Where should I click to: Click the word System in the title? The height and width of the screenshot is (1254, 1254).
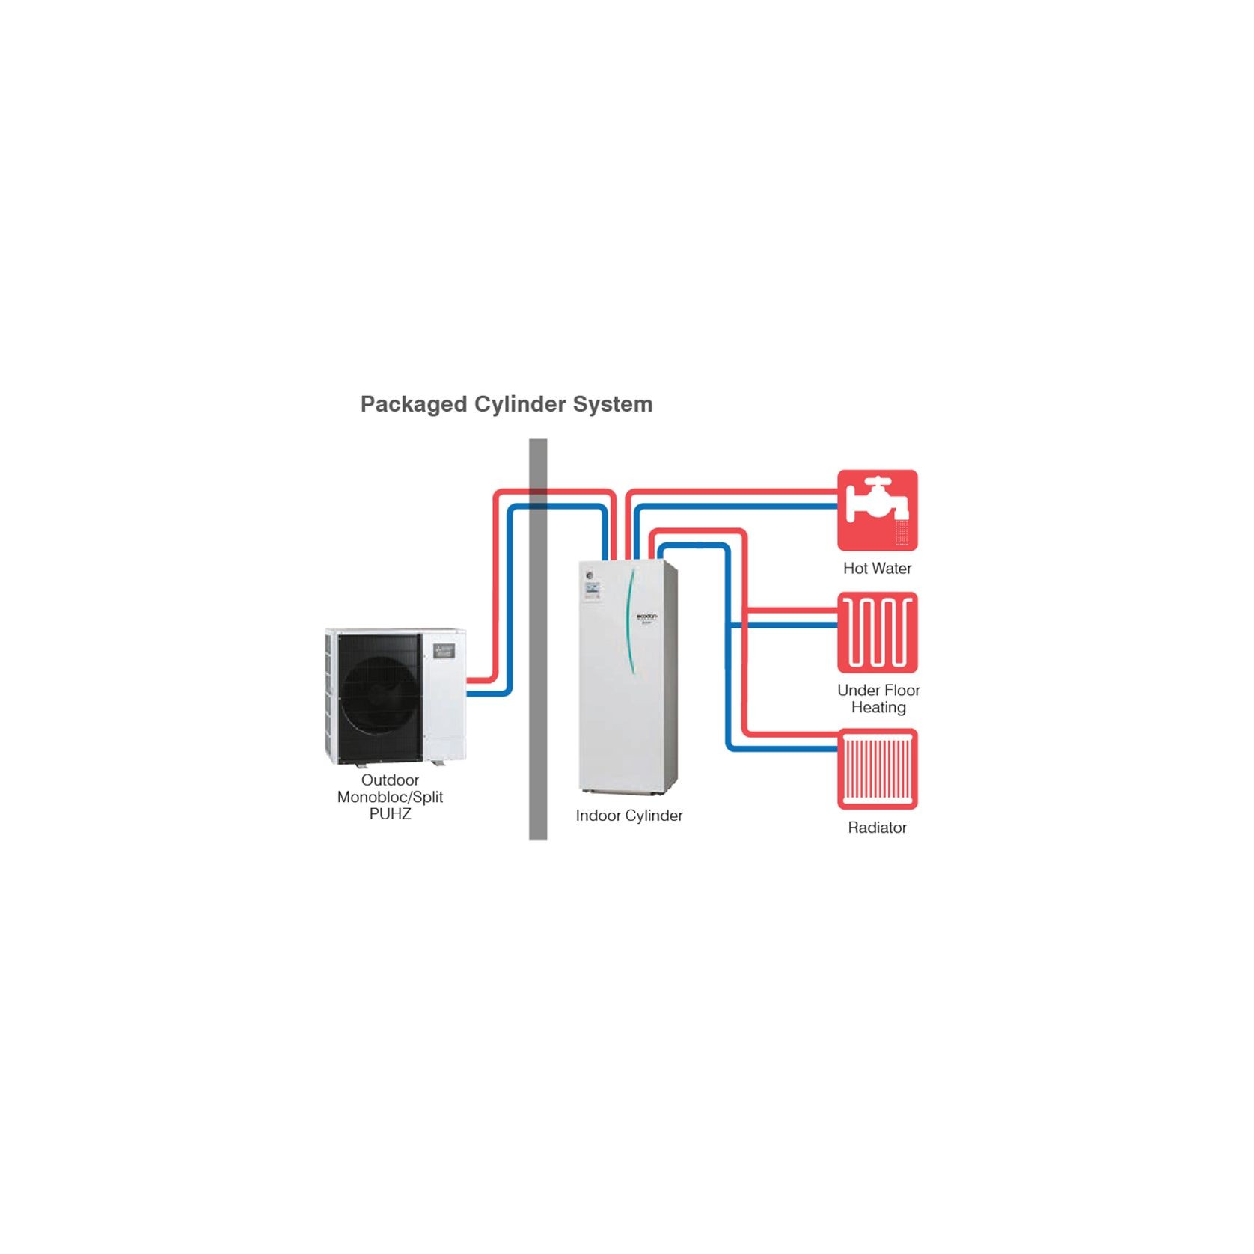pyautogui.click(x=613, y=405)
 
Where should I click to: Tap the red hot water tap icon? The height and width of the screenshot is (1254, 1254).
pyautogui.click(x=877, y=510)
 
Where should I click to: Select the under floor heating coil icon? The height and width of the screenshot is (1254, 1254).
pyautogui.click(x=877, y=632)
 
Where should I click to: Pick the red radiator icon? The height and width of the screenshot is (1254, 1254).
pyautogui.click(x=877, y=768)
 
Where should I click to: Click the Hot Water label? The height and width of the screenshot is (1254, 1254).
pyautogui.click(x=877, y=569)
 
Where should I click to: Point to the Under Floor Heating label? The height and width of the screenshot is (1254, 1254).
pyautogui.click(x=878, y=699)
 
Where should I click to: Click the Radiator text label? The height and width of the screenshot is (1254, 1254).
pyautogui.click(x=877, y=828)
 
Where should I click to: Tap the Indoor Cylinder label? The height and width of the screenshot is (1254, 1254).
pyautogui.click(x=628, y=816)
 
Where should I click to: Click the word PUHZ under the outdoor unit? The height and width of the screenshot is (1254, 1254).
pyautogui.click(x=390, y=814)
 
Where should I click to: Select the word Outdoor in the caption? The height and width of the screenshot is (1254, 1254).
pyautogui.click(x=390, y=780)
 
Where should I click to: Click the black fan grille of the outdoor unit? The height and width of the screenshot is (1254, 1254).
pyautogui.click(x=379, y=698)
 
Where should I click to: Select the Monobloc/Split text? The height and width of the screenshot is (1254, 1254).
pyautogui.click(x=390, y=798)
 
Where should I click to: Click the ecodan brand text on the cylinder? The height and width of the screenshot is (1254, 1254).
pyautogui.click(x=646, y=617)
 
